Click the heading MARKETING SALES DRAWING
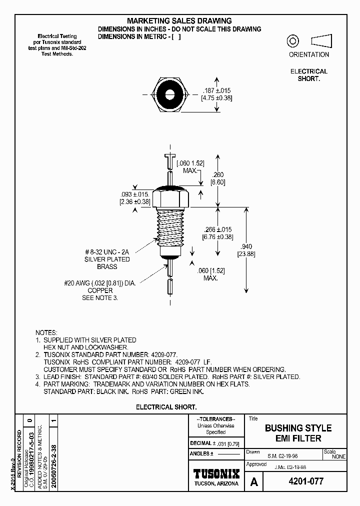coord(179,20)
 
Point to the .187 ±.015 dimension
coord(216,90)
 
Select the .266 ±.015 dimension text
coord(217,229)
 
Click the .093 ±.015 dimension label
coord(134,194)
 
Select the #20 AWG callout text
coord(100,283)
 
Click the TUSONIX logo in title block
coord(216,473)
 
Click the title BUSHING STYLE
coord(298,428)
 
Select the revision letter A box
coord(254,482)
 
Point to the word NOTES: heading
coord(46,332)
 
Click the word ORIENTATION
coord(309,54)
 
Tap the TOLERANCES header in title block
coord(216,419)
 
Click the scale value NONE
coord(338,456)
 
